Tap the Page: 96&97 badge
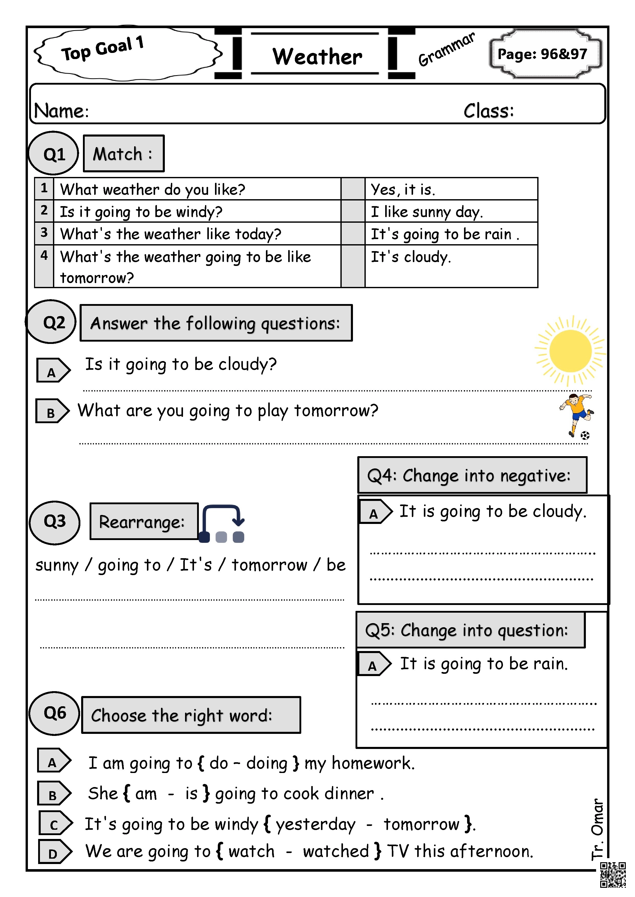click(542, 54)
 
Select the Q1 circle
click(54, 153)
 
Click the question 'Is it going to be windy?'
click(141, 212)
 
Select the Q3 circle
click(55, 522)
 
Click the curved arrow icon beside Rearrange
click(222, 523)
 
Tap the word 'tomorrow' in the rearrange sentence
click(270, 565)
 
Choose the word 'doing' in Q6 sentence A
click(267, 763)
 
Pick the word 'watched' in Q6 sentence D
click(336, 851)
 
